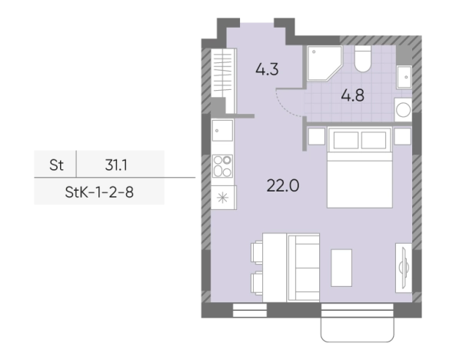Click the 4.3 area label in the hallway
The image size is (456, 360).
point(267,69)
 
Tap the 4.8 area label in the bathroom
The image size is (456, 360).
point(352,95)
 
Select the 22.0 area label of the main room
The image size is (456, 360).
point(283,185)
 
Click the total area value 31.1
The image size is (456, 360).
point(116,165)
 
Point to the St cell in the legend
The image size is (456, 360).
point(56,165)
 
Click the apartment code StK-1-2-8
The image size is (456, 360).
point(99,192)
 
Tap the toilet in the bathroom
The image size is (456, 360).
point(363,58)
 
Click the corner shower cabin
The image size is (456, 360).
point(324,62)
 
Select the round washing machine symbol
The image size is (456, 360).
point(403,110)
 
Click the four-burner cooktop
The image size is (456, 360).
point(222,166)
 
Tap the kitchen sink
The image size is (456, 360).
point(222,131)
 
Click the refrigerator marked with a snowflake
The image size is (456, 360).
point(223,198)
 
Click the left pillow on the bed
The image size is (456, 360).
point(346,140)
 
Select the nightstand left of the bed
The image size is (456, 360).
point(316,136)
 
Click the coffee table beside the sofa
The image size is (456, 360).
point(341,268)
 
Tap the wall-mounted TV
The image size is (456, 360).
point(404,268)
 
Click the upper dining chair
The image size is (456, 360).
point(257,252)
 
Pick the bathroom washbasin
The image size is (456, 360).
point(404,77)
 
